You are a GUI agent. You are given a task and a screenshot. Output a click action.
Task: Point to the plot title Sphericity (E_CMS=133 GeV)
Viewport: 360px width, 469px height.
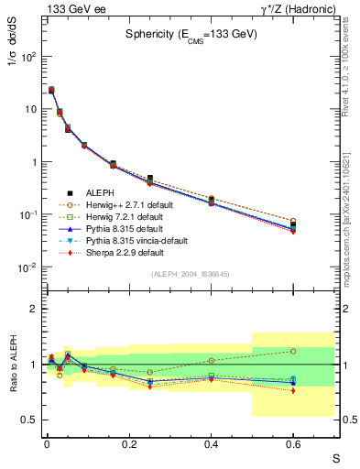[191, 35]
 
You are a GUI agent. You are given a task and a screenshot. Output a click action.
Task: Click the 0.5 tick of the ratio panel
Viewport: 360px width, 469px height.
[29, 420]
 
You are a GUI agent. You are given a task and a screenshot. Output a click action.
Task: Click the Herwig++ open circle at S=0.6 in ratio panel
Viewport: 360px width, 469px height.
[293, 351]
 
